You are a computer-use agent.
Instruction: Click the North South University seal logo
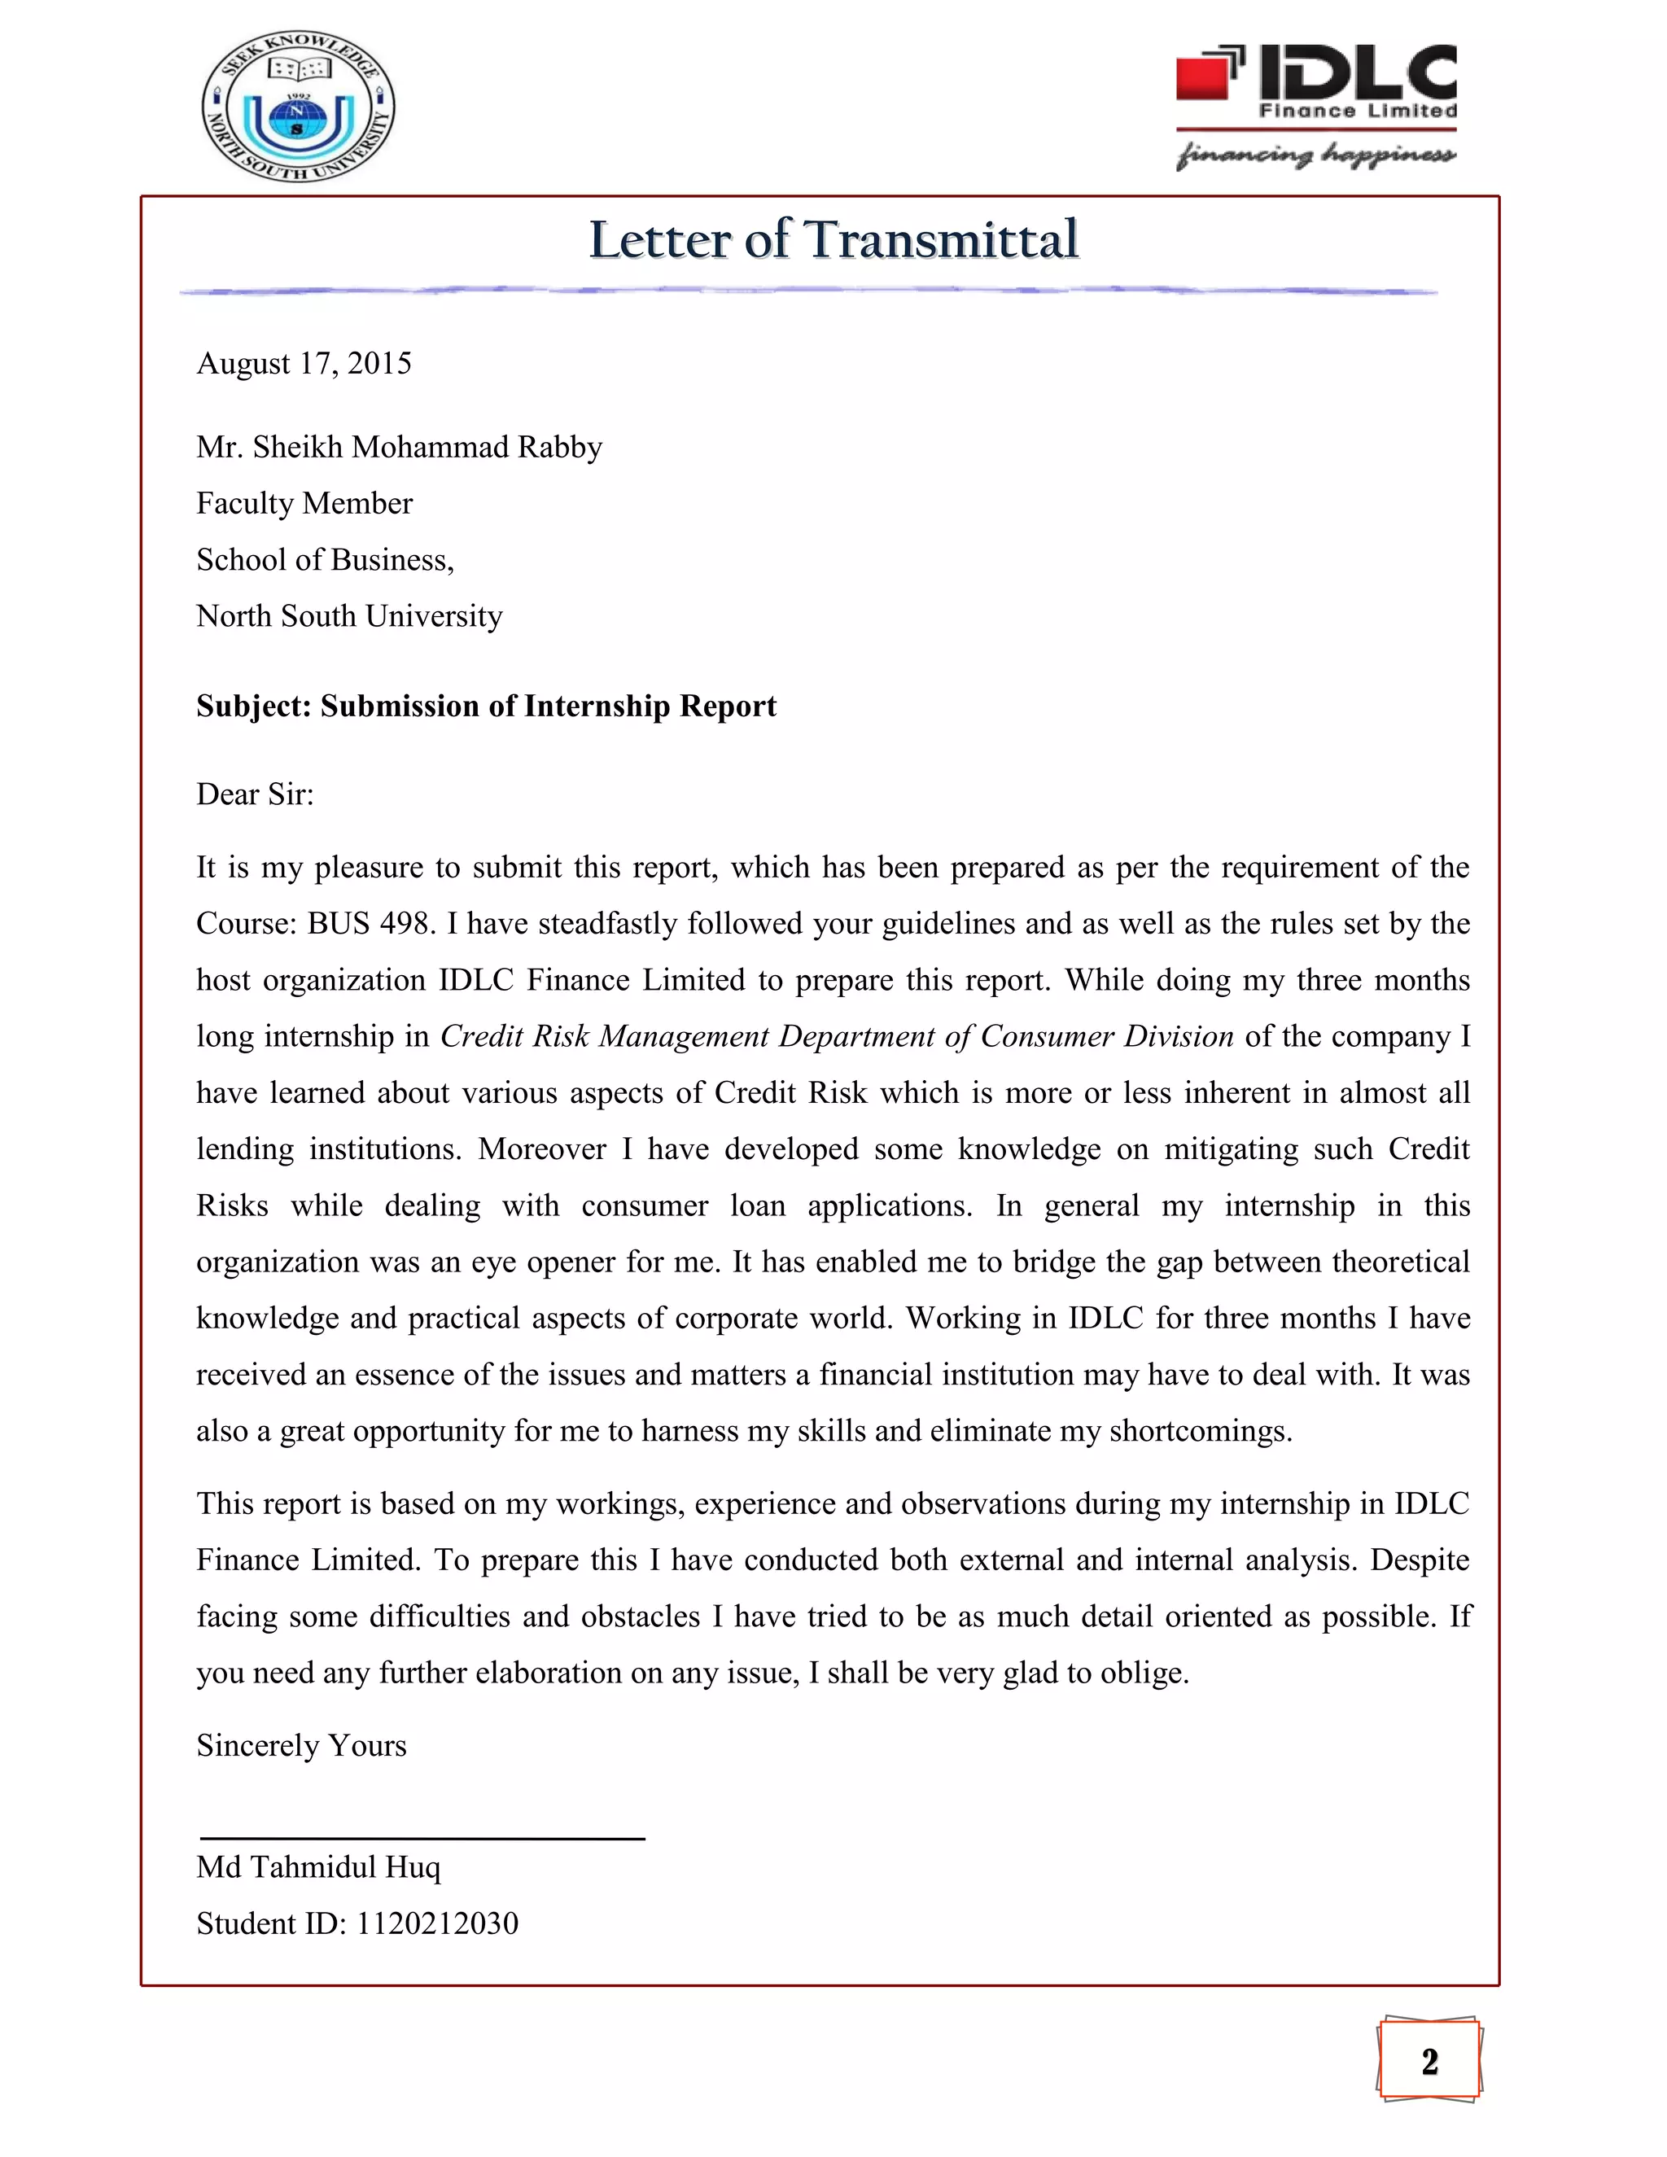pyautogui.click(x=297, y=106)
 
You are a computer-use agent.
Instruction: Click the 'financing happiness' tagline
pyautogui.click(x=1315, y=154)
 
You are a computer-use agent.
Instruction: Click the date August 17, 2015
pyautogui.click(x=303, y=364)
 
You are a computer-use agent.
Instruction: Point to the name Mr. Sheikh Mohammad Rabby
pyautogui.click(x=399, y=448)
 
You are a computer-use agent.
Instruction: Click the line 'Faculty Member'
pyautogui.click(x=304, y=504)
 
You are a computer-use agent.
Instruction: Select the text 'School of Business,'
pyautogui.click(x=325, y=560)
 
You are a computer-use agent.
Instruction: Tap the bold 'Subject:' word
pyautogui.click(x=254, y=707)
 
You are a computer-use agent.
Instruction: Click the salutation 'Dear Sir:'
pyautogui.click(x=255, y=794)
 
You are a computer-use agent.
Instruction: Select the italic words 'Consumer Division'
pyautogui.click(x=1106, y=1036)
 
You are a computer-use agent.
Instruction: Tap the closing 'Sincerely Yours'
pyautogui.click(x=301, y=1745)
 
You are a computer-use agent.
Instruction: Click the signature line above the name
pyautogui.click(x=422, y=1838)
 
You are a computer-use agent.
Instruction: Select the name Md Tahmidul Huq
pyautogui.click(x=318, y=1866)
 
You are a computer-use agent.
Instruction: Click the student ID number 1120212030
pyautogui.click(x=436, y=1923)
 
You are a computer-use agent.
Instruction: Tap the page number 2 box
pyautogui.click(x=1429, y=2061)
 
